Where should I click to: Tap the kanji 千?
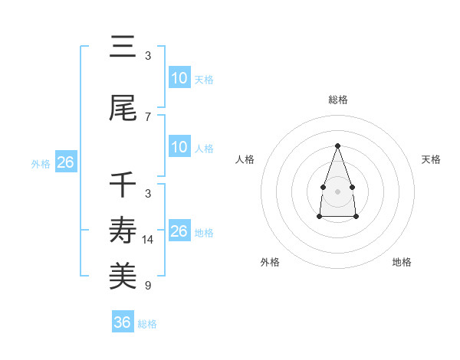point(123,185)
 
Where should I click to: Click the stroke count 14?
point(148,240)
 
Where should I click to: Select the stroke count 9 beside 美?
point(148,286)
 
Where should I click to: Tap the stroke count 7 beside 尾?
point(148,117)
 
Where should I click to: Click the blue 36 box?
point(123,322)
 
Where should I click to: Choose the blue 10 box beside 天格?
point(179,78)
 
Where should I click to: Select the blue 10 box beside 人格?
point(179,147)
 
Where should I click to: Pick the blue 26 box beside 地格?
point(179,231)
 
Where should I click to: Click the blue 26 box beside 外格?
point(65,162)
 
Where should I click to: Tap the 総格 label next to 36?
point(147,324)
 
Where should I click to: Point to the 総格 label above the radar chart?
point(337,100)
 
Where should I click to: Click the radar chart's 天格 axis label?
point(431,159)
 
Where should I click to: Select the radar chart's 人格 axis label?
point(245,159)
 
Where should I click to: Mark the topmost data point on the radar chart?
point(337,146)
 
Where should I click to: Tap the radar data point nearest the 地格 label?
point(356,217)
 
